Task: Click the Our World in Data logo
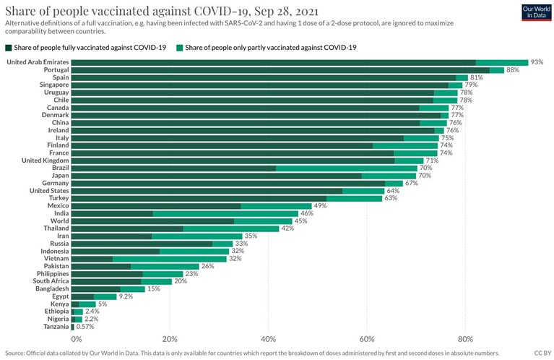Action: click(536, 12)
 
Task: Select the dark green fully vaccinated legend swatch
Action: click(9, 48)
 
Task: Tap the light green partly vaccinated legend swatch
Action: click(180, 48)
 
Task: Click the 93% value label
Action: click(537, 62)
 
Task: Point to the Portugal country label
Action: click(56, 69)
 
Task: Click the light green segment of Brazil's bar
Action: click(347, 168)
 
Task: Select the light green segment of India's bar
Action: click(226, 213)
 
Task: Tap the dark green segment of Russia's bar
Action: click(142, 244)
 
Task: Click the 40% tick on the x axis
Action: click(268, 339)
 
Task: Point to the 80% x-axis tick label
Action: click(465, 339)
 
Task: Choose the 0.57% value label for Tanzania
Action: click(85, 327)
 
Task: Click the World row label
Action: click(60, 221)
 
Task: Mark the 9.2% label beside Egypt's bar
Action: click(126, 296)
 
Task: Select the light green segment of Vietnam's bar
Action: click(170, 259)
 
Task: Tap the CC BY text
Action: click(542, 353)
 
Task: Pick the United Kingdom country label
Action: click(46, 160)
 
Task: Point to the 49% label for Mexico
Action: click(320, 206)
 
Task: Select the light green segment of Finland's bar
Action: click(405, 145)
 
